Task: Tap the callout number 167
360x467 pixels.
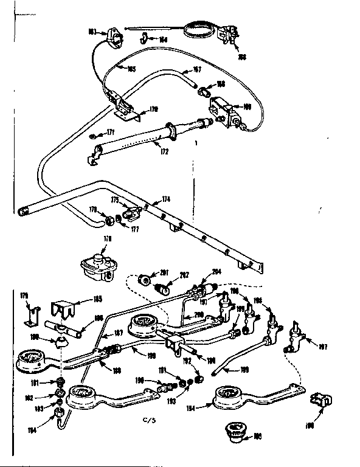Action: [x=196, y=69]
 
